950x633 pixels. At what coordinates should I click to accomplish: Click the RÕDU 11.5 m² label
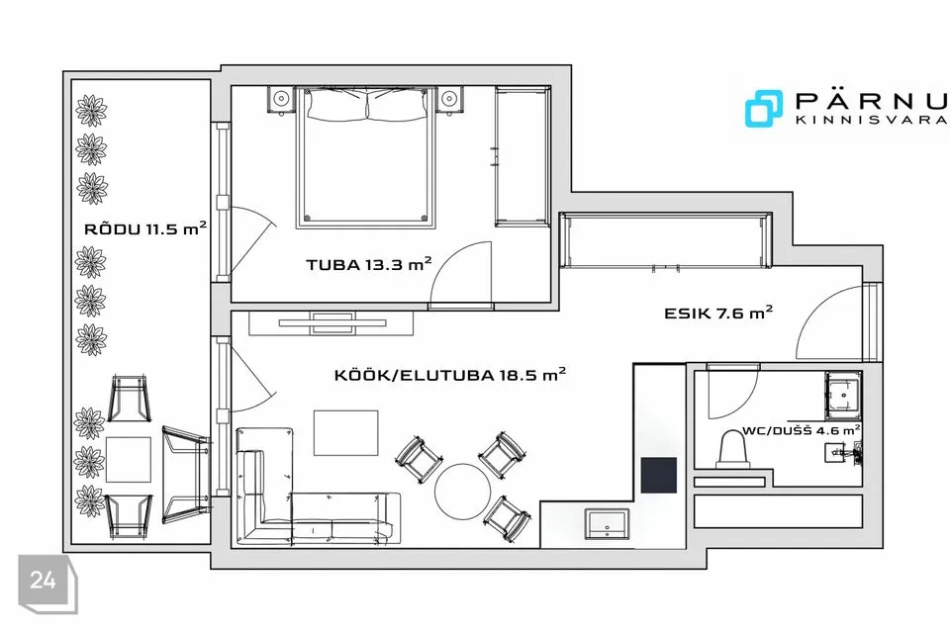tap(145, 228)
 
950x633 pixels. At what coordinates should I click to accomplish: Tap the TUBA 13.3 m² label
tap(369, 264)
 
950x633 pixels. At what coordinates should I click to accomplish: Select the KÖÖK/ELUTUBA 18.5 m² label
tap(450, 374)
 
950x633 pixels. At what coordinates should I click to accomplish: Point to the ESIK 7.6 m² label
tap(718, 313)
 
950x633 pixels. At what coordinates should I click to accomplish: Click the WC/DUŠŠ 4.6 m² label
tap(801, 430)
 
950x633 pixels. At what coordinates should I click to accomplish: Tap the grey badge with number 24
tap(47, 583)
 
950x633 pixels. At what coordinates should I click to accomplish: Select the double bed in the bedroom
tap(366, 157)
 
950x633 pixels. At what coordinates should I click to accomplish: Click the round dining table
tap(462, 491)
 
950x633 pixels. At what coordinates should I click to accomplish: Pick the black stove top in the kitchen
tap(659, 476)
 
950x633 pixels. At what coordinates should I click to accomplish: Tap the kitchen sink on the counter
tap(607, 524)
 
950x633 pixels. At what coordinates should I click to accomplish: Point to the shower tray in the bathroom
tap(843, 396)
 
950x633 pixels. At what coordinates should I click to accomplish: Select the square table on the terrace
tap(129, 460)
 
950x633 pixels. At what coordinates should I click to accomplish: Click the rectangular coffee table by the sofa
tap(346, 432)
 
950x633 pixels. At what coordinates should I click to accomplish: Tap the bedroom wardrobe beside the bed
tap(522, 156)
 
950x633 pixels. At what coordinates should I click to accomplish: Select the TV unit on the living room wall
tap(332, 322)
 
